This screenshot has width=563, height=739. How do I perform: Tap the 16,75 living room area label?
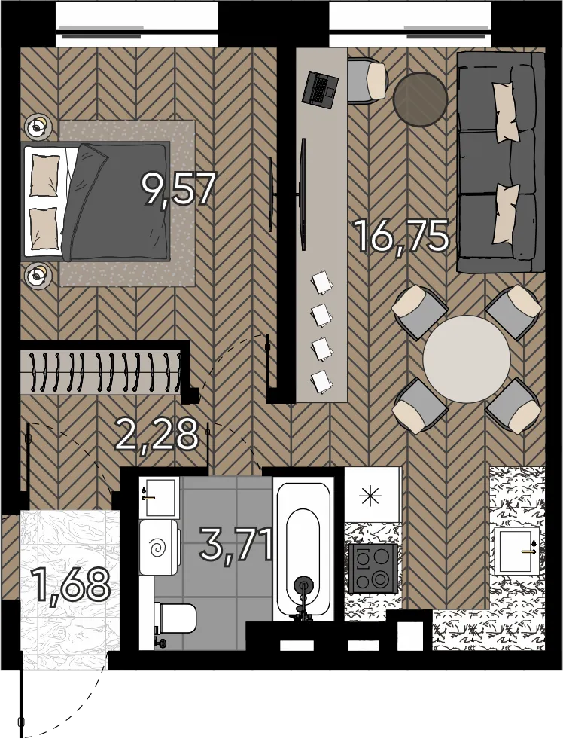tap(402, 237)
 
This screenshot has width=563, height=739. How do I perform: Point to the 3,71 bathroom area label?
tap(236, 545)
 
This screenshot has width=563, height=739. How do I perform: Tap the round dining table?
tap(467, 359)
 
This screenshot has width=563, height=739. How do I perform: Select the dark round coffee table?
tap(419, 99)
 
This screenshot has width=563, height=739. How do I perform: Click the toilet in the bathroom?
tap(175, 618)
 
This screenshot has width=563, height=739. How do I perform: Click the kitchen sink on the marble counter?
tap(517, 550)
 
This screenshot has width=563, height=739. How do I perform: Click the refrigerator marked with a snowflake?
tap(373, 494)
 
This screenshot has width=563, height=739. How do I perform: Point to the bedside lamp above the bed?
tap(38, 127)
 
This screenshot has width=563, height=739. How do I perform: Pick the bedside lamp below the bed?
tap(38, 273)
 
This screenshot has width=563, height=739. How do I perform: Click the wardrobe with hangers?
tap(101, 371)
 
